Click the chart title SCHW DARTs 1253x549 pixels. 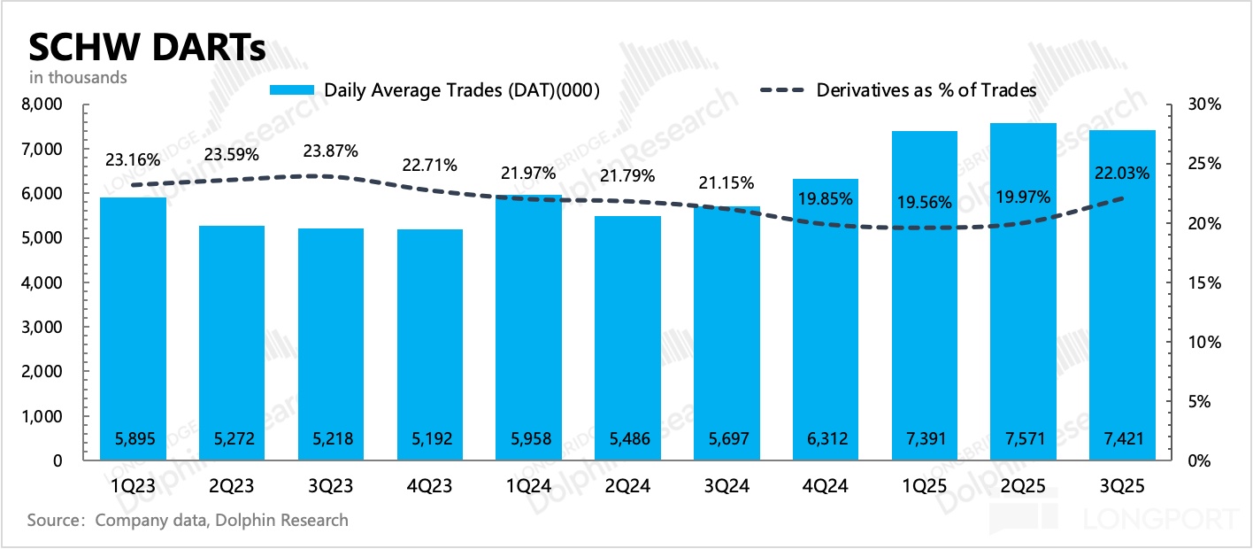(x=147, y=46)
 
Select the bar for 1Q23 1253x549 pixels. (x=133, y=328)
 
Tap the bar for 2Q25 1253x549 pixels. (x=1024, y=292)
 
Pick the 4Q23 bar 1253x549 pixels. (x=430, y=345)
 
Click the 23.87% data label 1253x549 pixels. (x=331, y=151)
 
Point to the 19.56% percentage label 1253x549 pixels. (x=925, y=201)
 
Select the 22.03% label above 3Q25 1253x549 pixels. (x=1122, y=174)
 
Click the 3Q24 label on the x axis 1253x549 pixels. (x=726, y=486)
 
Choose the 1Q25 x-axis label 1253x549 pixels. (x=925, y=486)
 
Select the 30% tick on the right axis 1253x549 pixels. (x=1203, y=105)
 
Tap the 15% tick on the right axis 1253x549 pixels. (x=1203, y=283)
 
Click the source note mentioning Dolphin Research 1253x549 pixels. (x=188, y=520)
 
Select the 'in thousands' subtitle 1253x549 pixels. (x=78, y=77)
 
